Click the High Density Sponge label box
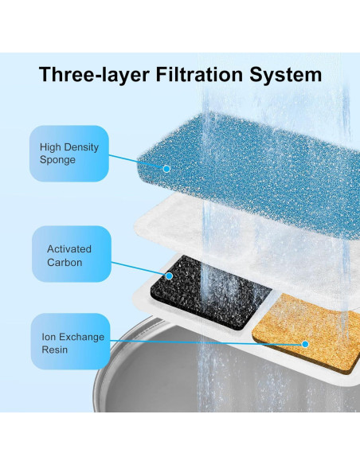click(68, 153)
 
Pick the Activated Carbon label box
click(68, 254)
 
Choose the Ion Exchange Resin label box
click(68, 342)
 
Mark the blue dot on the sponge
click(166, 168)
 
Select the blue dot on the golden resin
click(305, 345)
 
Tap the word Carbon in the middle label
click(64, 261)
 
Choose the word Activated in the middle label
click(69, 248)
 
